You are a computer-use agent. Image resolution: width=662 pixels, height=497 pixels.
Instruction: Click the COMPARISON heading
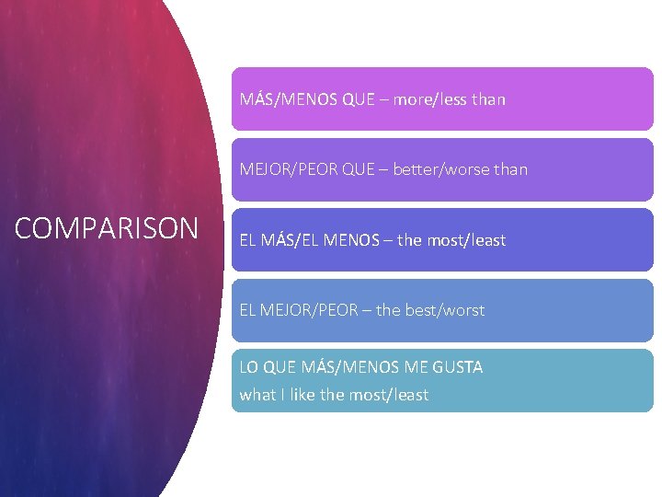click(x=106, y=227)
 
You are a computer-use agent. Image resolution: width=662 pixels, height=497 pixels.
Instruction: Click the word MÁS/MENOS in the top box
click(x=289, y=98)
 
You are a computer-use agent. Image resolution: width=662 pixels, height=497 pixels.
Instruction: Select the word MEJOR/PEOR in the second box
click(x=283, y=169)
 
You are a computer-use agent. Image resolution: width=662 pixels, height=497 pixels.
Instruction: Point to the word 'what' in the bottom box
click(x=257, y=395)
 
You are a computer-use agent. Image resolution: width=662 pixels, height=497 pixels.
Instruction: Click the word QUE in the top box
click(x=358, y=98)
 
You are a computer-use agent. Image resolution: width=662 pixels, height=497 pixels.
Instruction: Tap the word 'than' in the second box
click(x=510, y=169)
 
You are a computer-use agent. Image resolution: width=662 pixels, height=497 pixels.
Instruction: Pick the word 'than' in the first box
click(x=488, y=98)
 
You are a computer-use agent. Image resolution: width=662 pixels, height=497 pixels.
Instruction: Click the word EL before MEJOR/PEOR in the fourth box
click(x=247, y=310)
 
